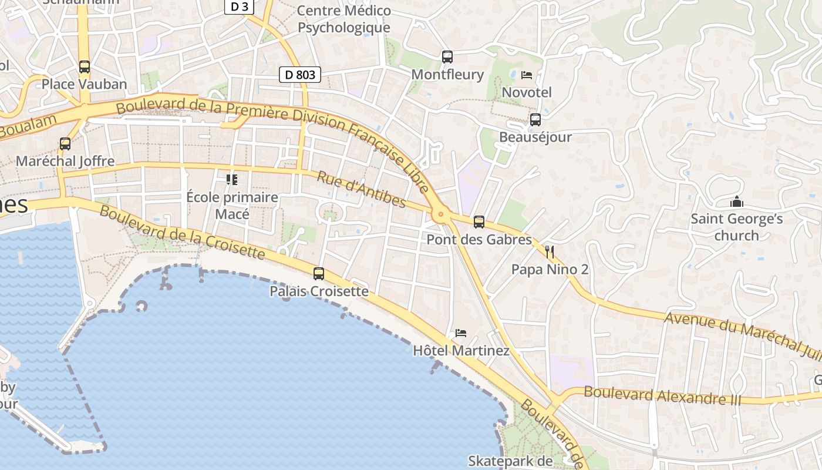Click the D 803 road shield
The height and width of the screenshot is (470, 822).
pyautogui.click(x=299, y=75)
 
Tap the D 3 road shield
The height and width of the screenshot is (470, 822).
pyautogui.click(x=239, y=6)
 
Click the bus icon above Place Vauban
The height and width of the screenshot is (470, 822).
pyautogui.click(x=85, y=67)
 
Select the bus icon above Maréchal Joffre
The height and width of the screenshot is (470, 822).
pyautogui.click(x=65, y=144)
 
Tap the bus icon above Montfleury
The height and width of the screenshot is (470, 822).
pyautogui.click(x=447, y=57)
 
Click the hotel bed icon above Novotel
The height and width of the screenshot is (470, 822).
pyautogui.click(x=527, y=75)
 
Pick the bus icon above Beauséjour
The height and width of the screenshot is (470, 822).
pyautogui.click(x=535, y=120)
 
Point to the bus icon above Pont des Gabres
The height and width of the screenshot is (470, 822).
pyautogui.click(x=479, y=222)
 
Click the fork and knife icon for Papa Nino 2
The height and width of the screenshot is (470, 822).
pyautogui.click(x=550, y=252)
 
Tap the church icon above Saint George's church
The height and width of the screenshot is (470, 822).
pyautogui.click(x=737, y=202)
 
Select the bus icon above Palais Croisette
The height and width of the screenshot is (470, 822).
pyautogui.click(x=319, y=274)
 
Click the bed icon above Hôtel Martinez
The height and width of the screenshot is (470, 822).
pyautogui.click(x=461, y=333)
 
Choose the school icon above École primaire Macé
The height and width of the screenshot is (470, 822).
pyautogui.click(x=232, y=179)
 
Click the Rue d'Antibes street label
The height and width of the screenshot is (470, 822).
pyautogui.click(x=362, y=190)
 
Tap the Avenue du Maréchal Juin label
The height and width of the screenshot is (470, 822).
pyautogui.click(x=743, y=335)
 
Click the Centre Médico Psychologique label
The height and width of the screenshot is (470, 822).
pyautogui.click(x=344, y=19)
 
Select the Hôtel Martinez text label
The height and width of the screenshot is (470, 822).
pyautogui.click(x=461, y=351)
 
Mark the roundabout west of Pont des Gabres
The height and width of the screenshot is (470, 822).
pyautogui.click(x=440, y=216)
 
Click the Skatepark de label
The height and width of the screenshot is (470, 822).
pyautogui.click(x=510, y=461)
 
